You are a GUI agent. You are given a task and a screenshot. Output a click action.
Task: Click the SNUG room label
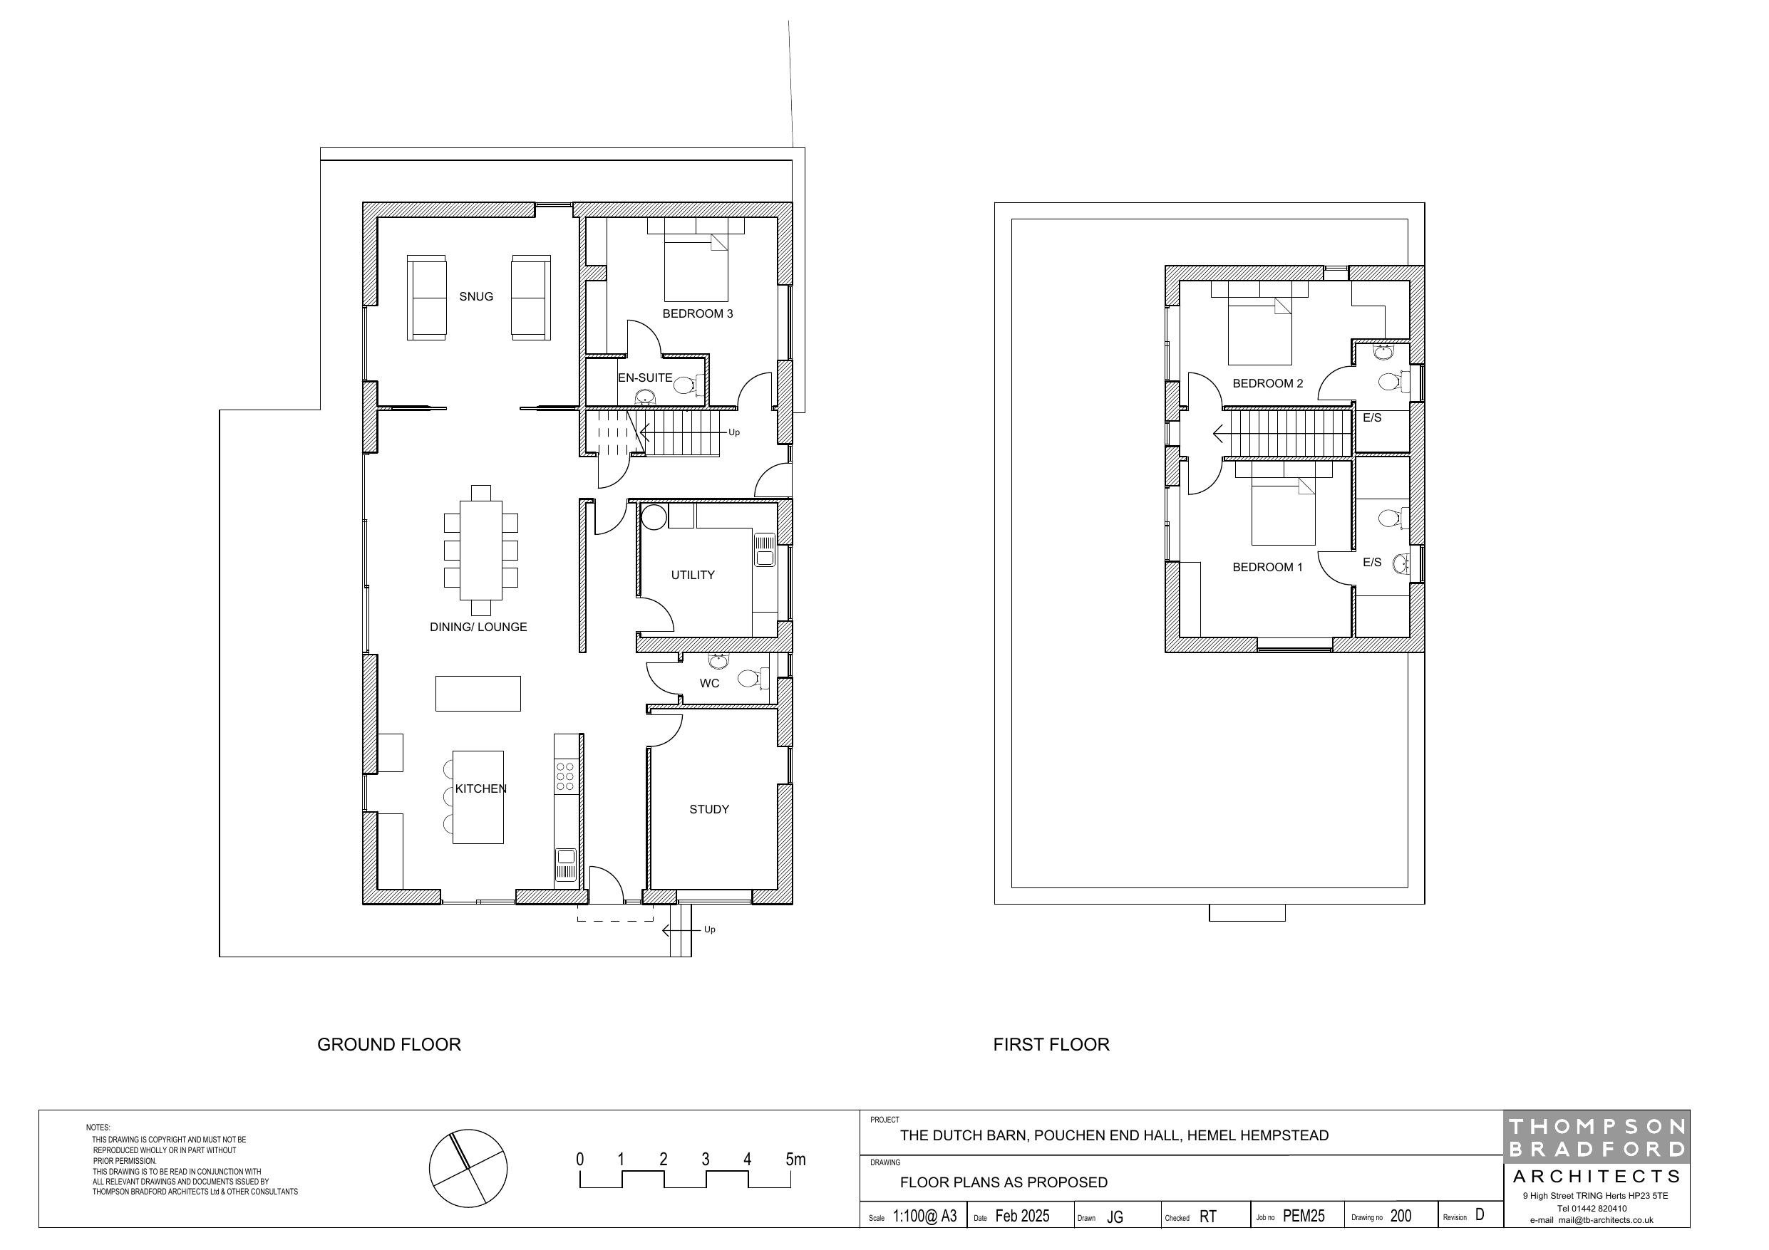(476, 296)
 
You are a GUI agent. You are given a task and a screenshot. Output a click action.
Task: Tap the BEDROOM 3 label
(697, 313)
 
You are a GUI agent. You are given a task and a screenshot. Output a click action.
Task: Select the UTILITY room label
(693, 575)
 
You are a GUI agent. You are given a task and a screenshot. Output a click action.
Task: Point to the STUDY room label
(709, 808)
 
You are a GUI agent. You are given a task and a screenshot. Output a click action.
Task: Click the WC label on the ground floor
(710, 683)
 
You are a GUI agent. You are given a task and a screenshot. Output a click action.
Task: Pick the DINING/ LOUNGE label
(478, 627)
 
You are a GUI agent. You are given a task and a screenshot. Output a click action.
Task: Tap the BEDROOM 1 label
(1267, 567)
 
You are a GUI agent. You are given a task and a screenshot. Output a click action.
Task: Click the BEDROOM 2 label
(1267, 384)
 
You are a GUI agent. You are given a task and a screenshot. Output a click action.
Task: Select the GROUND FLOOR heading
(389, 1044)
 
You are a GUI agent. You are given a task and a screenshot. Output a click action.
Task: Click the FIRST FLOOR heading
(1051, 1044)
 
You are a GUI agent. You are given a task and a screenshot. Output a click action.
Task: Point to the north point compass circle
(468, 1167)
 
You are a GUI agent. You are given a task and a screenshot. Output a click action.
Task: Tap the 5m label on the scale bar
(795, 1159)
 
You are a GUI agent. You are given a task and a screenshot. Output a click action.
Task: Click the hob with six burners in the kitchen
(564, 776)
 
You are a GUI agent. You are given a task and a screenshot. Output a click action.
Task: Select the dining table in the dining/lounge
(481, 550)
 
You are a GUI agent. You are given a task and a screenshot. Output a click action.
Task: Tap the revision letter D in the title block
(1480, 1214)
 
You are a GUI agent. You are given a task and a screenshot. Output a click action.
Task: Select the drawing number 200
(1401, 1216)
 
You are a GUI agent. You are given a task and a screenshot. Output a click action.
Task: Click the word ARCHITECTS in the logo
(1597, 1176)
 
